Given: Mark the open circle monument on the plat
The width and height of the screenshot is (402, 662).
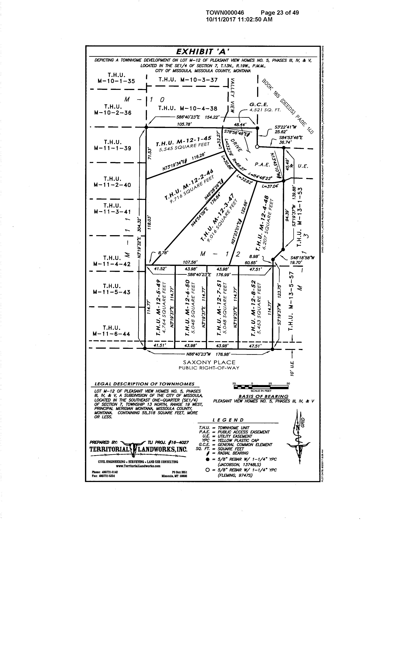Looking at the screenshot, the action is click(257, 147).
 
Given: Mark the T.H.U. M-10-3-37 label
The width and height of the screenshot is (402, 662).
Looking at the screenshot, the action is click(188, 80).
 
